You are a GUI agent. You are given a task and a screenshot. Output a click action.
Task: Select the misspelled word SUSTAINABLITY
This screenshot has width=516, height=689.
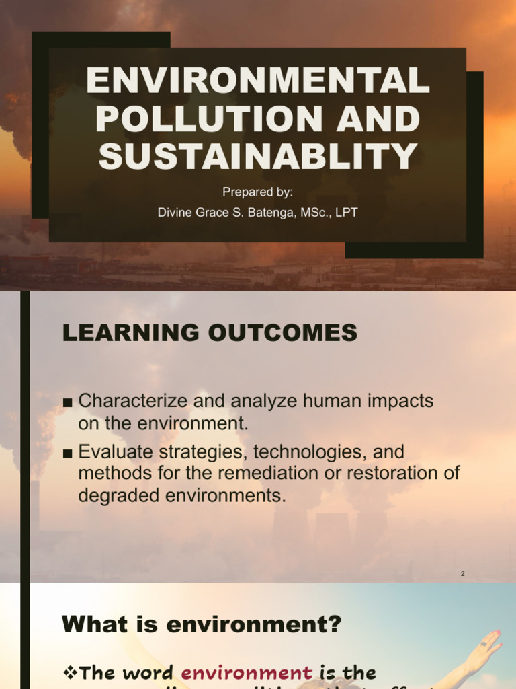(258, 155)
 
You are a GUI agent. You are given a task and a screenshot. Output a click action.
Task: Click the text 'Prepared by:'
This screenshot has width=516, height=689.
(258, 192)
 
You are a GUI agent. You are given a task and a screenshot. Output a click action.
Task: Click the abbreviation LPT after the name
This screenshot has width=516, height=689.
(347, 213)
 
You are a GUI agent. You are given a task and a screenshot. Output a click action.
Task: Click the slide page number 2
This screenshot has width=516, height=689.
(463, 573)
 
